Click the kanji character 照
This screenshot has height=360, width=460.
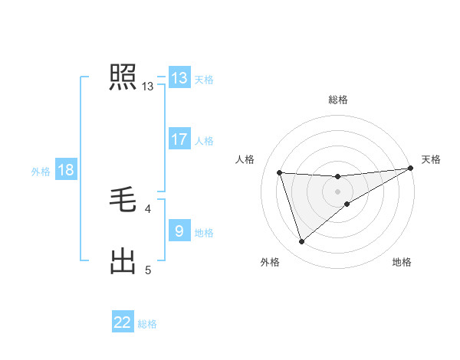(123, 77)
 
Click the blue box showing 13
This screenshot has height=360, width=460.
(179, 78)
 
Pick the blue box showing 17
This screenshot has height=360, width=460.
(179, 139)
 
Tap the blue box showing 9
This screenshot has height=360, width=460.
(179, 231)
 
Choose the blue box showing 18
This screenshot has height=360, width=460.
(66, 170)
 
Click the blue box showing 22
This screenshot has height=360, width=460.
(123, 322)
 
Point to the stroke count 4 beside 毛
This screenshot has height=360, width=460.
(148, 208)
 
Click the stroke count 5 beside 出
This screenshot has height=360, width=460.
(148, 270)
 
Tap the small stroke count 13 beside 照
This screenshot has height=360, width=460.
(148, 87)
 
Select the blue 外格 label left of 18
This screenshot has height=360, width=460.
(41, 172)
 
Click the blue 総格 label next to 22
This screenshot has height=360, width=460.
(147, 324)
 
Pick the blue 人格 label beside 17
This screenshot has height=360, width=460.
(204, 141)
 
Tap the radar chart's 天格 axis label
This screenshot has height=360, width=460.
(431, 159)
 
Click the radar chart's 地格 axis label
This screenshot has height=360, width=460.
(402, 263)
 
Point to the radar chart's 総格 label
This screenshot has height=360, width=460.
(338, 100)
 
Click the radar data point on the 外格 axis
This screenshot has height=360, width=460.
(301, 242)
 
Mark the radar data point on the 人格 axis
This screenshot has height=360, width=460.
(280, 172)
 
